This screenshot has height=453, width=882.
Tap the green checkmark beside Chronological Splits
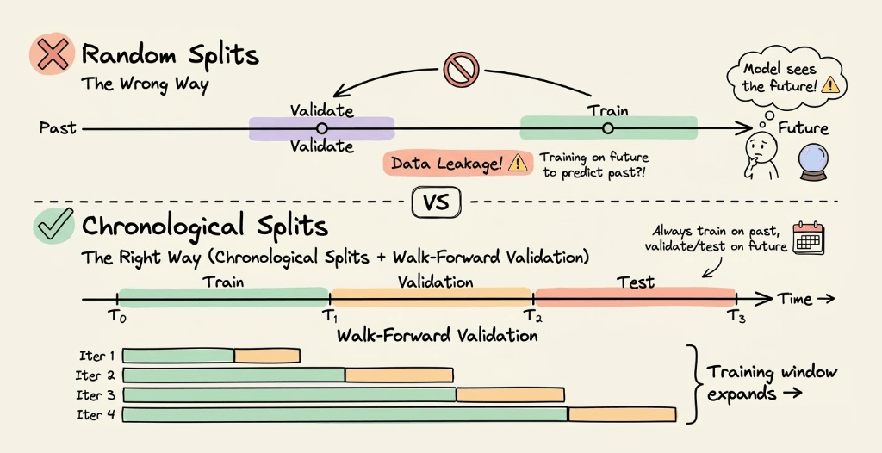(54, 226)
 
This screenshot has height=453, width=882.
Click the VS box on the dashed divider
(437, 203)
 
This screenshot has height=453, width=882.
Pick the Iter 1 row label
(96, 356)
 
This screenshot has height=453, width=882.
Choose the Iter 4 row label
(96, 416)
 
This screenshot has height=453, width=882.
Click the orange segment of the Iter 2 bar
(399, 375)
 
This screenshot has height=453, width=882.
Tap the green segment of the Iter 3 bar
(289, 394)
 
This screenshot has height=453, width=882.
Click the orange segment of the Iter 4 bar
(621, 415)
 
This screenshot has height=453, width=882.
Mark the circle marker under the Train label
(607, 128)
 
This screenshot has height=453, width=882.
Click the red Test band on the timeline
(636, 295)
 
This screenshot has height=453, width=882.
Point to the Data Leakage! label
(446, 163)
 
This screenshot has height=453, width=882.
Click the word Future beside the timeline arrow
(803, 129)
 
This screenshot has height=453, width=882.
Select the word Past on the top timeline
(58, 128)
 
